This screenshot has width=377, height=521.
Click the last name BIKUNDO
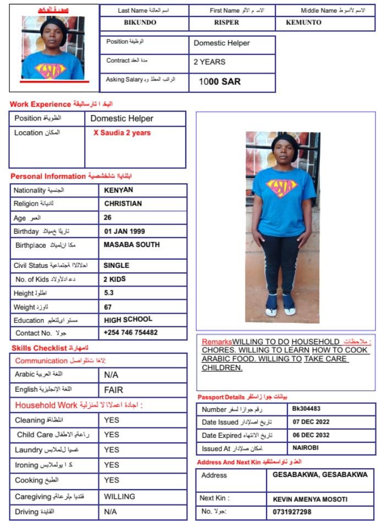pyautogui.click(x=141, y=23)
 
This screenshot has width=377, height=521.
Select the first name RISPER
pyautogui.click(x=227, y=23)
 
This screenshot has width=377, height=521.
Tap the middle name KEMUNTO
pyautogui.click(x=303, y=23)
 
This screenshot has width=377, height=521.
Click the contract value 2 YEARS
pyautogui.click(x=209, y=62)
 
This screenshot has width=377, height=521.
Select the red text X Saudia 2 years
pyautogui.click(x=121, y=133)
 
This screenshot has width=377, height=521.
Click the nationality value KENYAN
pyautogui.click(x=119, y=190)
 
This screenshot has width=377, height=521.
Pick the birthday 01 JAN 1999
pyautogui.click(x=124, y=232)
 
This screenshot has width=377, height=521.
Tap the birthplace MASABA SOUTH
pyautogui.click(x=132, y=245)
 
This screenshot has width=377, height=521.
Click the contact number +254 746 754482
pyautogui.click(x=131, y=333)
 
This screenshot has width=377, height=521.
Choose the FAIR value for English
pyautogui.click(x=114, y=390)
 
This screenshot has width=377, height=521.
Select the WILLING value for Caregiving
pyautogui.click(x=120, y=497)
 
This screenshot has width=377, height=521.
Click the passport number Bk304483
pyautogui.click(x=306, y=409)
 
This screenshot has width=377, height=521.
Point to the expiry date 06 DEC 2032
pyautogui.click(x=311, y=435)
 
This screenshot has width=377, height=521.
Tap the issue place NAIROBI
pyautogui.click(x=305, y=448)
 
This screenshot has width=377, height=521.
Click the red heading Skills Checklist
pyautogui.click(x=38, y=348)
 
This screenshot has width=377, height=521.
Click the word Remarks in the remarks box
pyautogui.click(x=217, y=342)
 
